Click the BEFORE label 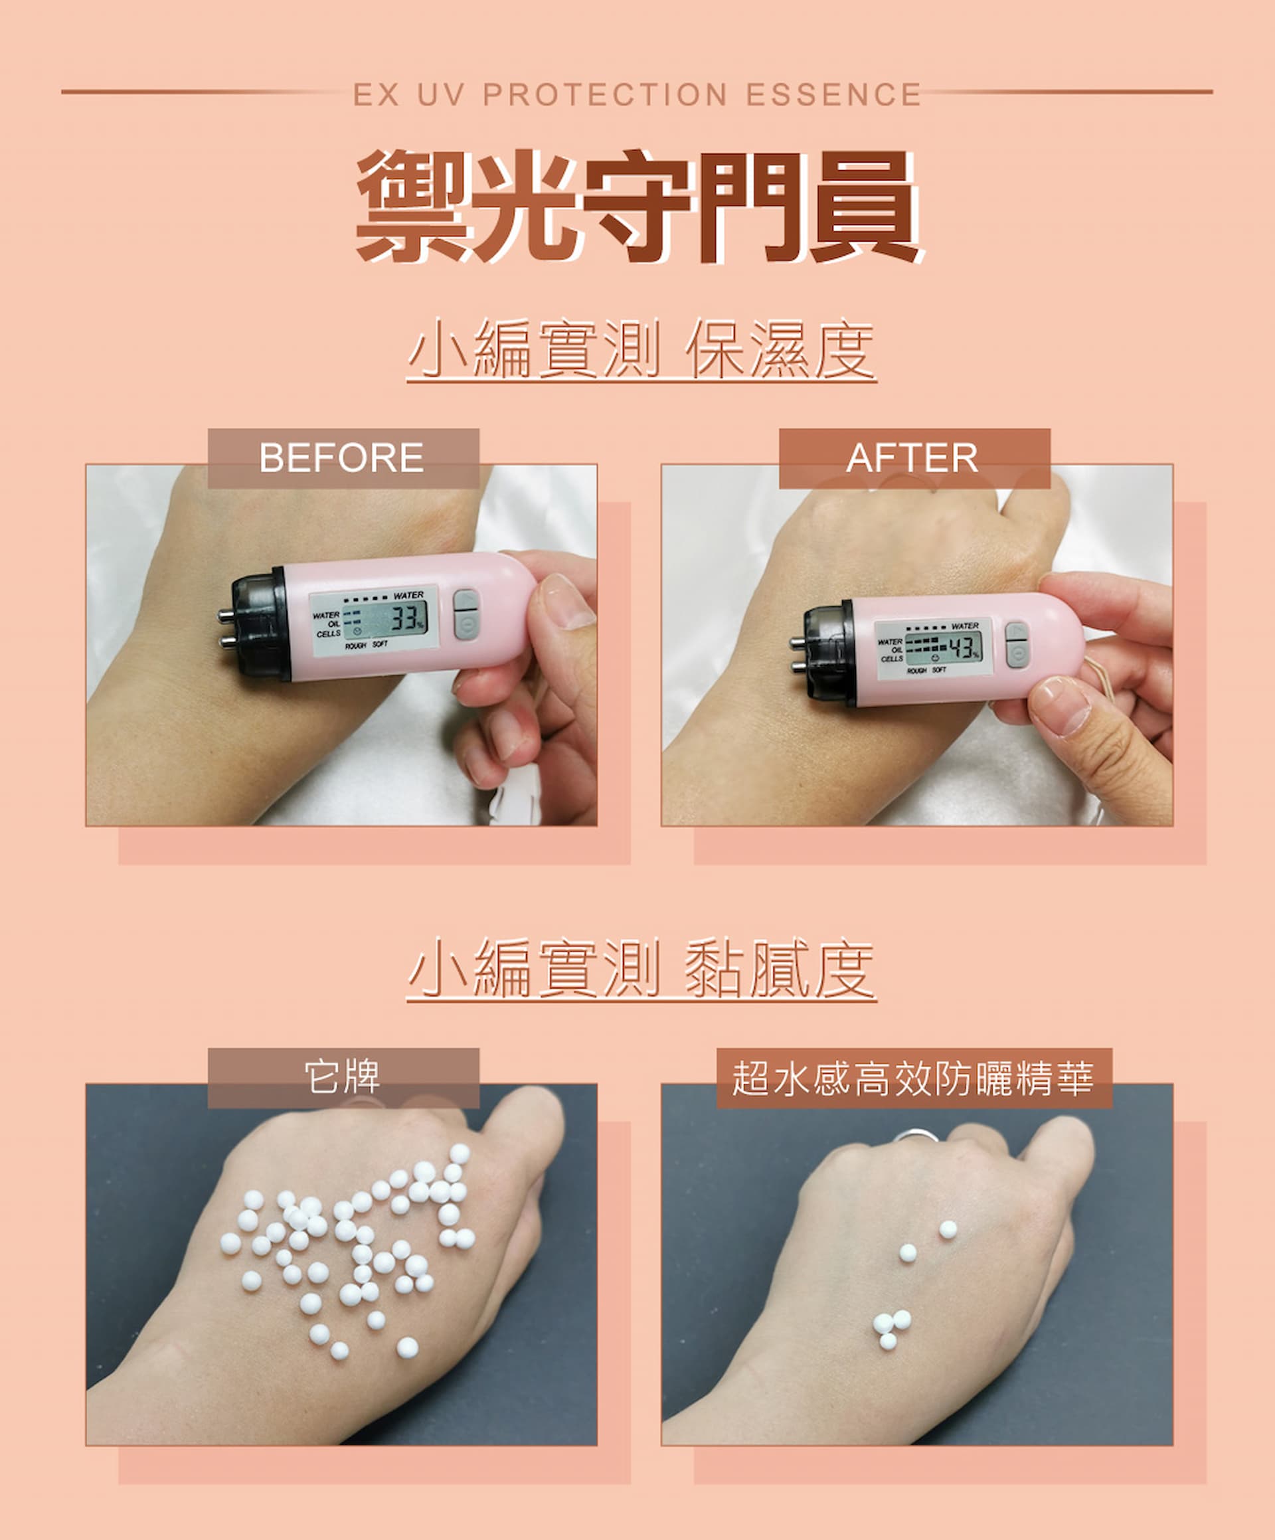pos(343,458)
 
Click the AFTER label pos(913,458)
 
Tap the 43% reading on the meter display pos(963,647)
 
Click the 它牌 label pos(343,1077)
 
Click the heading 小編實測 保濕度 pos(641,349)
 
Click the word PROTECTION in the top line pos(605,94)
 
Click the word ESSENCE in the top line pos(833,94)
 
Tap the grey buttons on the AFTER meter pos(1016,645)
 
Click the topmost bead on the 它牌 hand pos(460,1154)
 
